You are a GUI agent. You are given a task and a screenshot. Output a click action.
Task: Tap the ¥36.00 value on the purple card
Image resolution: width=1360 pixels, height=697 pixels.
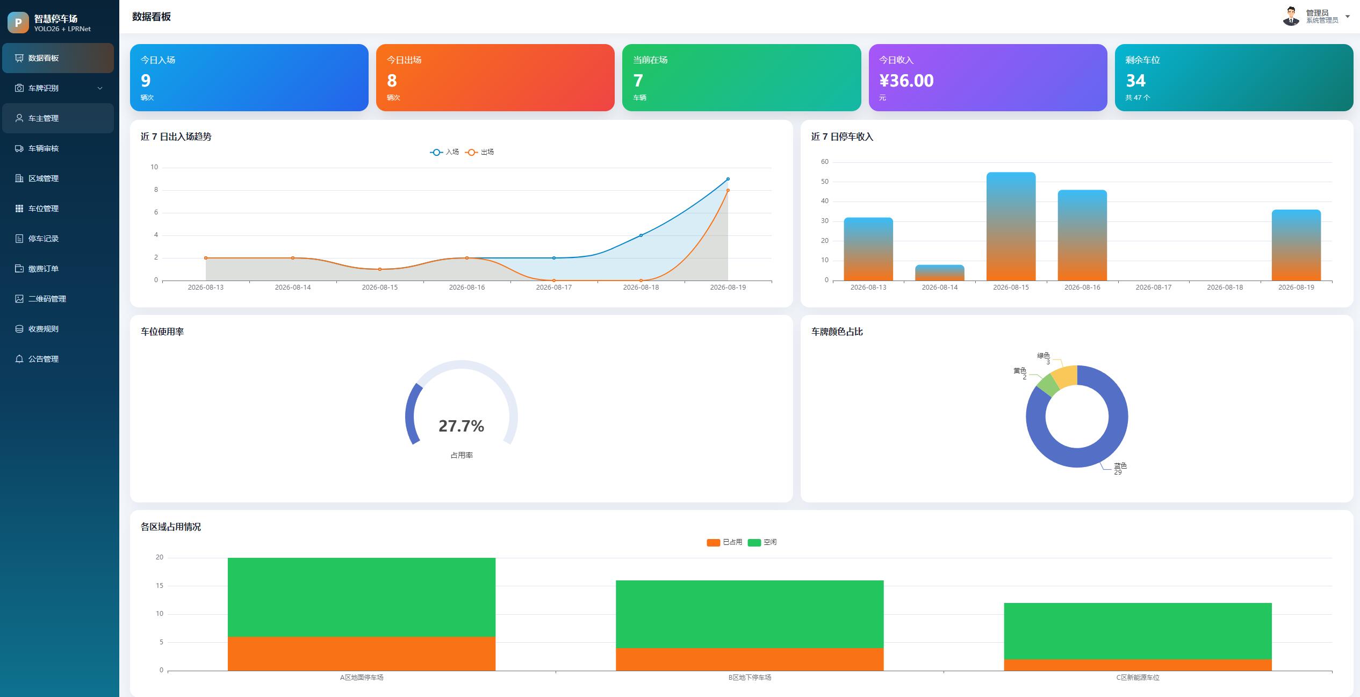[906, 81]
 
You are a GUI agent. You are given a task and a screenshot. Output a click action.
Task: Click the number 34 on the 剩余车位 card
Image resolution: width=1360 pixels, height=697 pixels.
[1135, 81]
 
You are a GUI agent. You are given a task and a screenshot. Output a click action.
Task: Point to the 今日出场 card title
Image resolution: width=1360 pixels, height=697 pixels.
[404, 60]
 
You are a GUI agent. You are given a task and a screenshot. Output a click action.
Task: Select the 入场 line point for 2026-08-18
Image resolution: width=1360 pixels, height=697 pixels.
[641, 235]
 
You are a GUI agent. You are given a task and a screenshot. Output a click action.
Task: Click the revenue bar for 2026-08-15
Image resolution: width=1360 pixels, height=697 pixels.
[1011, 226]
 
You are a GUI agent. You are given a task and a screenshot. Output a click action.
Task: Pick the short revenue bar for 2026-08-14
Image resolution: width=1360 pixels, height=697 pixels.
[940, 272]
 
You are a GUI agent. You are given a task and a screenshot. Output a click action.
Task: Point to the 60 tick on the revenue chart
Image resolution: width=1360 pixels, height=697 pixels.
[825, 162]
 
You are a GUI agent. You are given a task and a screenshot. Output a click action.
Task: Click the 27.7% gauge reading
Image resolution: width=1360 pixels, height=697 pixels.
[461, 426]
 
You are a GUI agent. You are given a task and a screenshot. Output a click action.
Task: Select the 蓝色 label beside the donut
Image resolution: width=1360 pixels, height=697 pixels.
[1120, 465]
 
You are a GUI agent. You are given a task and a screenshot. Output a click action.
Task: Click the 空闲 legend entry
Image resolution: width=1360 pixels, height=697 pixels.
[762, 542]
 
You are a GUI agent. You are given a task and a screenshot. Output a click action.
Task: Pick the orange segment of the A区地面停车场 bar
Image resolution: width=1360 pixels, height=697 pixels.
[362, 653]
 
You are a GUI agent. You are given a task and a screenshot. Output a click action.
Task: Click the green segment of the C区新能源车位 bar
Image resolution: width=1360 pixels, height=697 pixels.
[1138, 631]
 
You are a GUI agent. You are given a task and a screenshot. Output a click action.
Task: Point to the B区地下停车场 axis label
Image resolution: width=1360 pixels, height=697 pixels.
[750, 678]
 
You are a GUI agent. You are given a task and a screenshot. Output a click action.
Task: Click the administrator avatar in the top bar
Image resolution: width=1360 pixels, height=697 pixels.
[1291, 16]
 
